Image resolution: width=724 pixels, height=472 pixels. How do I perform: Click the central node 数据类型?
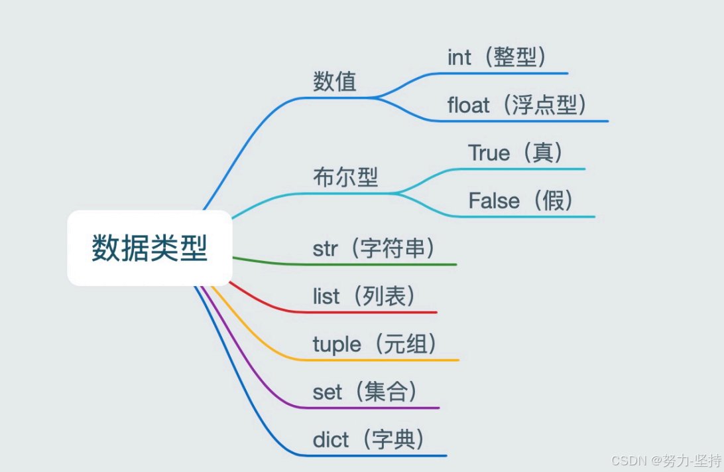click(x=150, y=248)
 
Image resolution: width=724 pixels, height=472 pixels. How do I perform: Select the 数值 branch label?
click(x=335, y=82)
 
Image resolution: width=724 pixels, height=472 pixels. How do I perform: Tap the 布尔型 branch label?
click(x=345, y=177)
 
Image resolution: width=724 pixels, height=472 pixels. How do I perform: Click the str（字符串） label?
click(x=375, y=249)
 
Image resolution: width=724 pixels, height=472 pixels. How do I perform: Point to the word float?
click(x=469, y=106)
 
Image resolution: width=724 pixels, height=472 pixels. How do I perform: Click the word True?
click(x=489, y=153)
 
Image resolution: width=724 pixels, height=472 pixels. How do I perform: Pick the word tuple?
click(x=337, y=345)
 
